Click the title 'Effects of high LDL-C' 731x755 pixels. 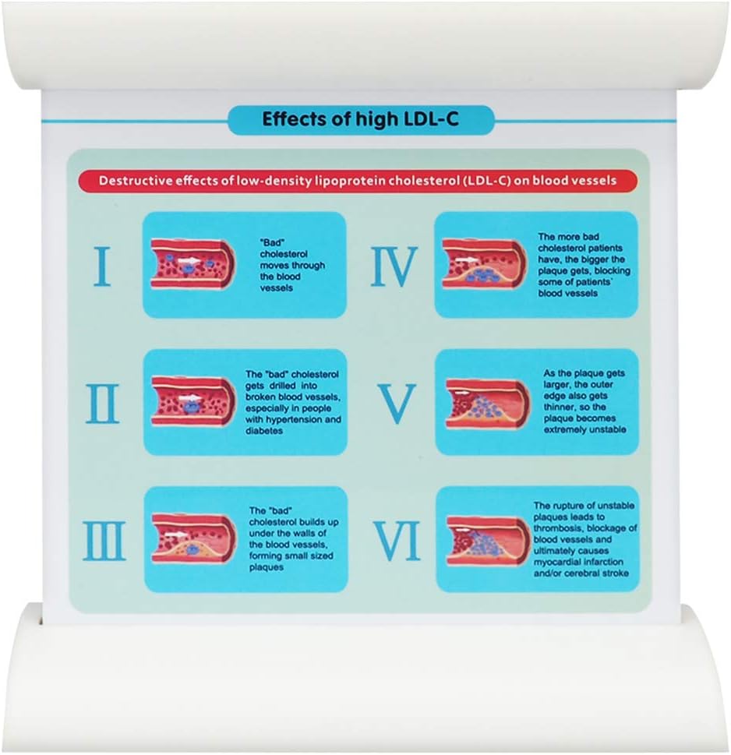tap(360, 119)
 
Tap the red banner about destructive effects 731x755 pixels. tap(358, 181)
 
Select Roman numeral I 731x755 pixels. tap(101, 266)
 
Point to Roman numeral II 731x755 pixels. tap(102, 404)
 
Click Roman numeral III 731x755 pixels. tap(104, 541)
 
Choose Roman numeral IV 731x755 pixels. tap(394, 266)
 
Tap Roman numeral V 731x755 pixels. tap(397, 404)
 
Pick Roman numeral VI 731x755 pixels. tap(397, 541)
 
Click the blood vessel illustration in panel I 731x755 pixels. tap(193, 264)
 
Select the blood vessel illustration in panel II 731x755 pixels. tap(193, 401)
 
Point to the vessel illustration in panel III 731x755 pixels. tap(193, 538)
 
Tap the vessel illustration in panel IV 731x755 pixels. tap(485, 264)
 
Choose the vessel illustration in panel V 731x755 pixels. tap(488, 404)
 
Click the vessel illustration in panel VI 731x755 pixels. tap(489, 541)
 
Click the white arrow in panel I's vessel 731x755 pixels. tap(189, 260)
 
